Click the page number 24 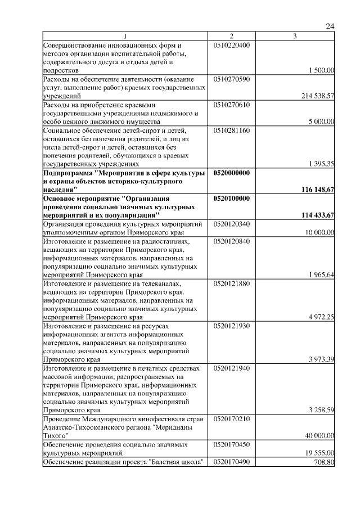coord(330,26)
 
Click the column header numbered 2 coord(231,37)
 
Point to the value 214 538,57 coord(318,96)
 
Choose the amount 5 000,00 coord(322,121)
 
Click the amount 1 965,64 coord(322,275)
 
